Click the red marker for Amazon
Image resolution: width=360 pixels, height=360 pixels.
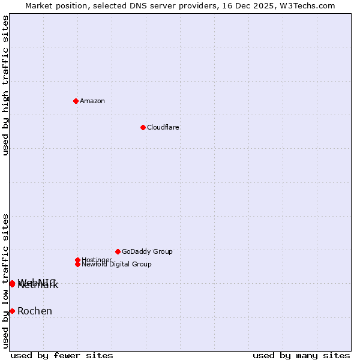click(76, 101)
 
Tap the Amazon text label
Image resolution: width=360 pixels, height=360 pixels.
click(92, 101)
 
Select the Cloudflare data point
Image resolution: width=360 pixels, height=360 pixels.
click(143, 127)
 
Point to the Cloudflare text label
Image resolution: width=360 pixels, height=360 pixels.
click(163, 127)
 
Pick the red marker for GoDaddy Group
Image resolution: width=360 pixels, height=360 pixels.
click(118, 251)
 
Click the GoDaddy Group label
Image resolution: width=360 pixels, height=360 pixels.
click(147, 251)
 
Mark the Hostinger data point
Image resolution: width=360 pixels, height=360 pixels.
click(77, 260)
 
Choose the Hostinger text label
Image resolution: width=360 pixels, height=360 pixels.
click(97, 260)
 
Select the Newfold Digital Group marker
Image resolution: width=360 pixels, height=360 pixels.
click(77, 264)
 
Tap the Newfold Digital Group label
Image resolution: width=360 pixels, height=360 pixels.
click(117, 265)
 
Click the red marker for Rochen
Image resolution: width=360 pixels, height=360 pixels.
click(12, 311)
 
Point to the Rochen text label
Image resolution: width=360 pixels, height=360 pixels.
click(35, 311)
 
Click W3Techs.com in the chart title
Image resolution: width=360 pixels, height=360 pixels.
click(306, 5)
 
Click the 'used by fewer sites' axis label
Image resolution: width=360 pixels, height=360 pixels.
click(62, 355)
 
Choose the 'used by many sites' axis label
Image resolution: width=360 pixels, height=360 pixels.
click(301, 355)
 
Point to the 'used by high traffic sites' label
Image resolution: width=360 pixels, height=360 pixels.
click(5, 85)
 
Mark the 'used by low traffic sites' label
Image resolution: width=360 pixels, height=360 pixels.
click(5, 281)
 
